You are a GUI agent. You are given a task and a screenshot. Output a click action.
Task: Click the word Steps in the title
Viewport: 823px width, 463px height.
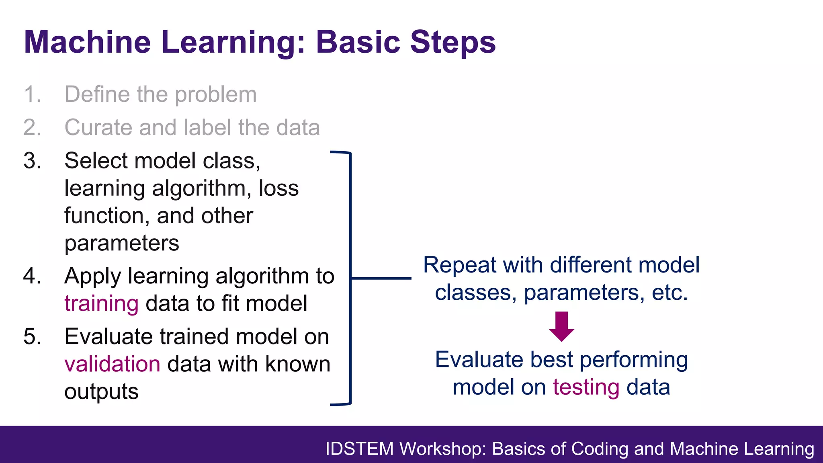click(453, 43)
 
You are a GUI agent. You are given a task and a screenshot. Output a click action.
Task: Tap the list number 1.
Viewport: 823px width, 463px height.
click(32, 94)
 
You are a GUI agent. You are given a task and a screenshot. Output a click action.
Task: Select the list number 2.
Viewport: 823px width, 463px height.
click(32, 127)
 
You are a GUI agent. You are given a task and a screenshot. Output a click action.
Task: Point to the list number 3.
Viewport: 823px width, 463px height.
click(32, 161)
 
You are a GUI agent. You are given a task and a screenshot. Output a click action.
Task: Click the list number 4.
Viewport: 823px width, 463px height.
click(32, 276)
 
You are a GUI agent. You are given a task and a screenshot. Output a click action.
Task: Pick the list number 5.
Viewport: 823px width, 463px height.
click(32, 336)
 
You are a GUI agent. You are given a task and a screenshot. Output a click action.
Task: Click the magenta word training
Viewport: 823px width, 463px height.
click(101, 303)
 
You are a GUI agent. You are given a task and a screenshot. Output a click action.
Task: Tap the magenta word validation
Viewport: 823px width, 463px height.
click(112, 364)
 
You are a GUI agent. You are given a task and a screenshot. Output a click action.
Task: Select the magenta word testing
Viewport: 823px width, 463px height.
click(586, 387)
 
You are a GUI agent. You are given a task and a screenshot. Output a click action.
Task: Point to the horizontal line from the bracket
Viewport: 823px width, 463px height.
click(381, 278)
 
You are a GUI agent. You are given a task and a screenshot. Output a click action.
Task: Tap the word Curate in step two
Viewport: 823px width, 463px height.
click(98, 127)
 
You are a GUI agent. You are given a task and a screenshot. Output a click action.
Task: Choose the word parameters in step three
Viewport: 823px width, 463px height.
click(122, 244)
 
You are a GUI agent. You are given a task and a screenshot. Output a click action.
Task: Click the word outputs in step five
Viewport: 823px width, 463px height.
click(101, 392)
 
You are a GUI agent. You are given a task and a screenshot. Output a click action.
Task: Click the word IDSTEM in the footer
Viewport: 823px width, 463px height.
click(359, 449)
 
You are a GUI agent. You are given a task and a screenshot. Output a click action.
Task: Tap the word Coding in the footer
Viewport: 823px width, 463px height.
click(600, 449)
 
